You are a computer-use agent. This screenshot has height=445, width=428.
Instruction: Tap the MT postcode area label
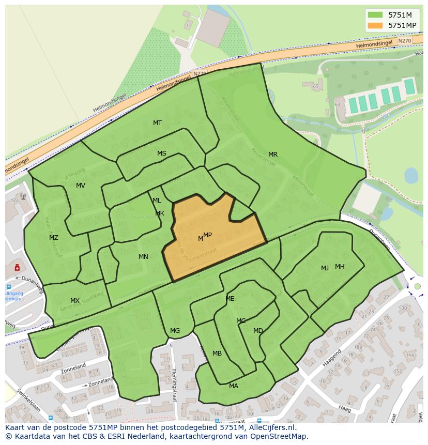click(157, 123)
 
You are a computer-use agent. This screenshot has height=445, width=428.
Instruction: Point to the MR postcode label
click(273, 155)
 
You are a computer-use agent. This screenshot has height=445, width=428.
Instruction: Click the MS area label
click(162, 154)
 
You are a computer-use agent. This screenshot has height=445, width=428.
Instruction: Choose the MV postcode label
click(81, 186)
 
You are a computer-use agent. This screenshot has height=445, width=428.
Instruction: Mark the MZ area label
click(54, 238)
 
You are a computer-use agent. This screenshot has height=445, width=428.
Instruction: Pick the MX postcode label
click(75, 301)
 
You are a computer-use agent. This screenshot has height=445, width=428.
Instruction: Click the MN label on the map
click(143, 257)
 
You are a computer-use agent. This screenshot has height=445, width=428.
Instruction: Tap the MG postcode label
click(175, 331)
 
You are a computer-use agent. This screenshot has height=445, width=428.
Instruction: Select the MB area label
click(217, 354)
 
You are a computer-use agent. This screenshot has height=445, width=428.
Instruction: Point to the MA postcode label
click(234, 386)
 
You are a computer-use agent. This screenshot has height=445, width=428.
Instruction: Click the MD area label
click(258, 331)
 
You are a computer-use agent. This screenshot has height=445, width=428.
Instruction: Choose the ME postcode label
click(230, 299)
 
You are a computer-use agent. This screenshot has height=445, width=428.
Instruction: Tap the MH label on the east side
click(340, 267)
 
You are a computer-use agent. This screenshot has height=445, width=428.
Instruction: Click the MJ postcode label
click(325, 268)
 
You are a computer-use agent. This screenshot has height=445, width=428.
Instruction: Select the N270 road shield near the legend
click(405, 40)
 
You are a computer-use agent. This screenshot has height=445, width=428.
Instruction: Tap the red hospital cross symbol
click(17, 268)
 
